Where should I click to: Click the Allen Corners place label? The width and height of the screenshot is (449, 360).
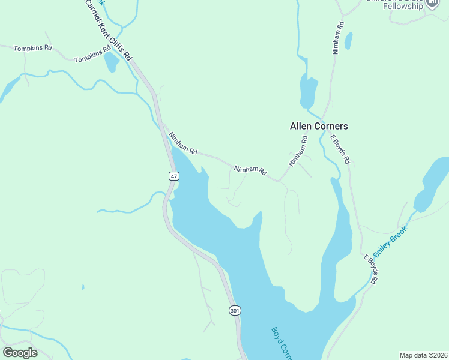[319, 127]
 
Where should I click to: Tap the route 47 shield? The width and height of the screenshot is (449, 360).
[173, 176]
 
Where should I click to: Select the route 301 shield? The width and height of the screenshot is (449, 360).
[234, 310]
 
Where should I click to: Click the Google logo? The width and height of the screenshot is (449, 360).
[20, 352]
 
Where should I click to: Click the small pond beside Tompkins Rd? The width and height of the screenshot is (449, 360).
[112, 62]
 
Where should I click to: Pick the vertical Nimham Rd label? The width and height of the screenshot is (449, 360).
[339, 38]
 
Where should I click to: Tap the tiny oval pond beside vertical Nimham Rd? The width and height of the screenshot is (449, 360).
[349, 41]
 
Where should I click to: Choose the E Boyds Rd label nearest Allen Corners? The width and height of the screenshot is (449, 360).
[340, 149]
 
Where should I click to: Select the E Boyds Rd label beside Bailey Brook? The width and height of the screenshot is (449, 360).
[370, 269]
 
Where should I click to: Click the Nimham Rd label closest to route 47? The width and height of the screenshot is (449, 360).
[182, 143]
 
